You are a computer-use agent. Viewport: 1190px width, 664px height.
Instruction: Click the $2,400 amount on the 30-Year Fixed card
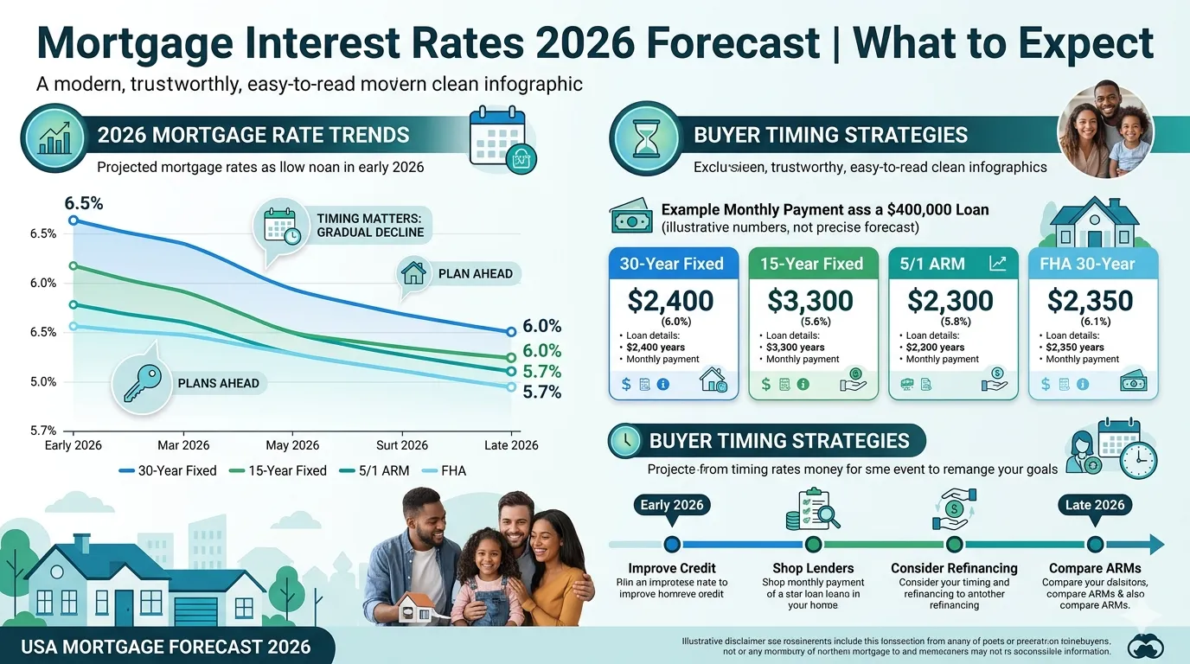(x=671, y=300)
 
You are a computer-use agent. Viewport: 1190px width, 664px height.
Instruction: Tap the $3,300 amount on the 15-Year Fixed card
(x=810, y=300)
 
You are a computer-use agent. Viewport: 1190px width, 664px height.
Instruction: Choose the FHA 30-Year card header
(x=1092, y=264)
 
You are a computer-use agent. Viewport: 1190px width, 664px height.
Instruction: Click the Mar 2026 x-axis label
(x=183, y=445)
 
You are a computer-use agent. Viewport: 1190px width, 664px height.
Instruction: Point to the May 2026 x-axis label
(x=292, y=445)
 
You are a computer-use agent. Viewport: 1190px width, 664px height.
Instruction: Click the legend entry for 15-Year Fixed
(x=278, y=470)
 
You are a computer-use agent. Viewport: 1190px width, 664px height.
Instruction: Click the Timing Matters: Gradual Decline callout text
(x=370, y=225)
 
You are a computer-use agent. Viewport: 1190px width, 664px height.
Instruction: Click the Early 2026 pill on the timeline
(x=672, y=505)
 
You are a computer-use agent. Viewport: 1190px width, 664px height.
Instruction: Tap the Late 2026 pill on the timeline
(x=1095, y=505)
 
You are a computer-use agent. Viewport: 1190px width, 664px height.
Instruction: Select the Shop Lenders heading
(x=812, y=568)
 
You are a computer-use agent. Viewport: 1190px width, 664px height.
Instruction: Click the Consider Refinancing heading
(x=954, y=568)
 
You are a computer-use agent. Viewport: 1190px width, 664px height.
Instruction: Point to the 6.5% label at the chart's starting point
(x=84, y=204)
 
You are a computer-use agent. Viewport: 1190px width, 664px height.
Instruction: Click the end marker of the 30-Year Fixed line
(x=510, y=331)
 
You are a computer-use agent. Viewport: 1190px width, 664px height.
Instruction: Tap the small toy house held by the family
(x=416, y=609)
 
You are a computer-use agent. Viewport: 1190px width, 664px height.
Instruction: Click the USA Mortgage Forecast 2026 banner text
(x=166, y=647)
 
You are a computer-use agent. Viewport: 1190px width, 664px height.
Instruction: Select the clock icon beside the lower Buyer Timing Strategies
(x=624, y=441)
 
